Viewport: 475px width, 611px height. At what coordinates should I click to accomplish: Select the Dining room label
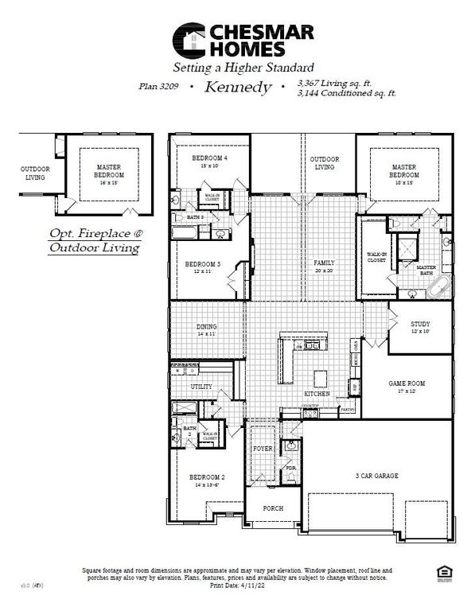click(x=205, y=330)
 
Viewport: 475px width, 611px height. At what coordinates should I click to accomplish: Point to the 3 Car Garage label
click(x=376, y=476)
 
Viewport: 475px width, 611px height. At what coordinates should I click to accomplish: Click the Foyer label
click(x=263, y=449)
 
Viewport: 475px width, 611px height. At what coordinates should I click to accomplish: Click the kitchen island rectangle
click(x=321, y=376)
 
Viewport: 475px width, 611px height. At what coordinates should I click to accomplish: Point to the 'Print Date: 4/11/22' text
click(x=238, y=586)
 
